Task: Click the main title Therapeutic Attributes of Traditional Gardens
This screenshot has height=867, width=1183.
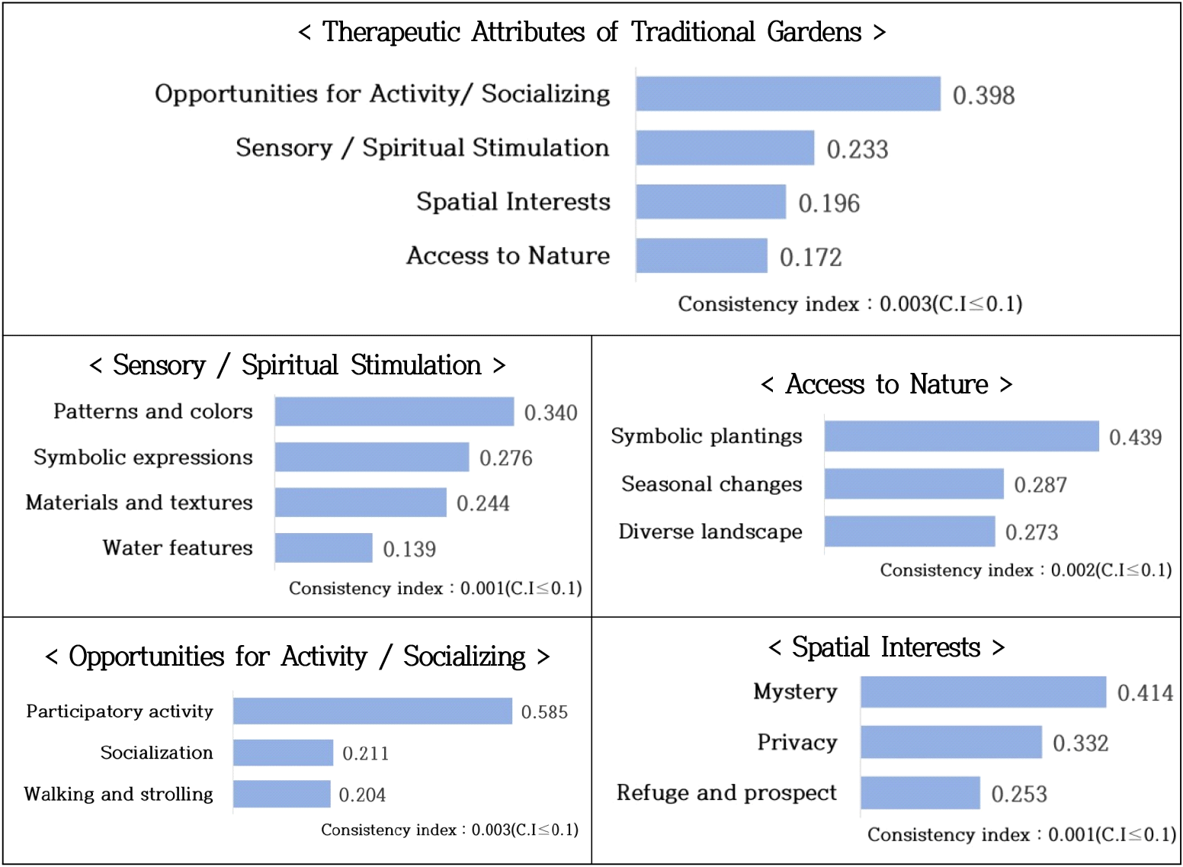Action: pos(591,33)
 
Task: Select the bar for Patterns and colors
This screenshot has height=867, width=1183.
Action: pos(394,412)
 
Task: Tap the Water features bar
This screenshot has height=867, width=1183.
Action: pos(323,548)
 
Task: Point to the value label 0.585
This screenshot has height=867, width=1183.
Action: pos(544,712)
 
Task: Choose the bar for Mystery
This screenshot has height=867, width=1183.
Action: pos(983,692)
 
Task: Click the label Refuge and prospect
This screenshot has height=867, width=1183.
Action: pos(726,793)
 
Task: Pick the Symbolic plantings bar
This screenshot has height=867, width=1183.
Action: pos(961,436)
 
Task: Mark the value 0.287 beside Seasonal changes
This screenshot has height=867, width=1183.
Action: pos(1040,485)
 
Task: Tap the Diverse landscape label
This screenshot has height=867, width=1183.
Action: pos(710,531)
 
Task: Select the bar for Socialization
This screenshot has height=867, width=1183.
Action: pos(283,753)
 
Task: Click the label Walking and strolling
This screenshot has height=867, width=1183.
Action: pos(119,794)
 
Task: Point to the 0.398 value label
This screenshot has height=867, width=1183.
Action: pos(983,95)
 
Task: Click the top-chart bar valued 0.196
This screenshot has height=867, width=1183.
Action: pos(710,202)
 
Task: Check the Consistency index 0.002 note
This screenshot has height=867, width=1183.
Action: pos(1025,570)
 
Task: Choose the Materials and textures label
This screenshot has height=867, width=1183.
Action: pos(139,503)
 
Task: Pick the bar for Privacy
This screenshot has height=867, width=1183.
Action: pos(951,743)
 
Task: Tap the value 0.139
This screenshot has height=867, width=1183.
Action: pos(409,549)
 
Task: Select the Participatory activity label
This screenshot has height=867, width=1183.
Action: pos(120,711)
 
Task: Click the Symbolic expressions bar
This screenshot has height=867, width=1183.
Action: pos(371,458)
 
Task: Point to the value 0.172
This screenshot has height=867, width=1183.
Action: pos(810,258)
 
